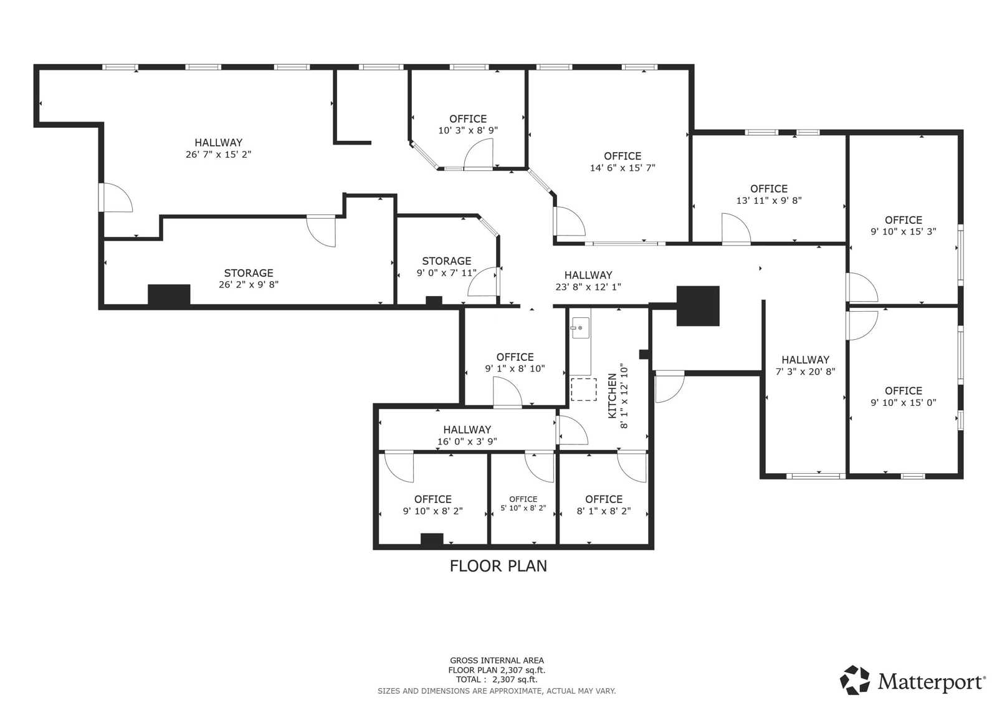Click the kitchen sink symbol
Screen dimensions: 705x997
point(580,327)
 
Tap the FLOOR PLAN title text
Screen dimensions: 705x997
point(498,565)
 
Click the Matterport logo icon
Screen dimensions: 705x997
point(855,680)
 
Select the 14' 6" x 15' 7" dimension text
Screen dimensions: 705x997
point(622,168)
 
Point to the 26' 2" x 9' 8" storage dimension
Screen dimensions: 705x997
point(248,284)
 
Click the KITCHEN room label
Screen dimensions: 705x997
point(612,396)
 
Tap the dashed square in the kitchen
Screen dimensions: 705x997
point(583,389)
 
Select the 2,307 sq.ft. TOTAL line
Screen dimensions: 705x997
point(496,679)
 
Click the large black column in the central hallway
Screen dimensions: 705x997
point(698,305)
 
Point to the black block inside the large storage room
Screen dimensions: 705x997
point(169,294)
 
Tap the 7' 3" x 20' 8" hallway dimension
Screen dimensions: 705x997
point(805,372)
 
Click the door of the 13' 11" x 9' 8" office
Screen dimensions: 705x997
point(736,228)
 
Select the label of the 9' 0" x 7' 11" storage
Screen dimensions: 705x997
point(446,261)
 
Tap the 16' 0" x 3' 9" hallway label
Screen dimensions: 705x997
point(467,429)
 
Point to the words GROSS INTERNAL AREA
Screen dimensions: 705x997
point(497,660)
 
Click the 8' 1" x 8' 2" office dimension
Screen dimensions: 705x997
point(603,511)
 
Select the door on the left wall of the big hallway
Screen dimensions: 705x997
point(117,197)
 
